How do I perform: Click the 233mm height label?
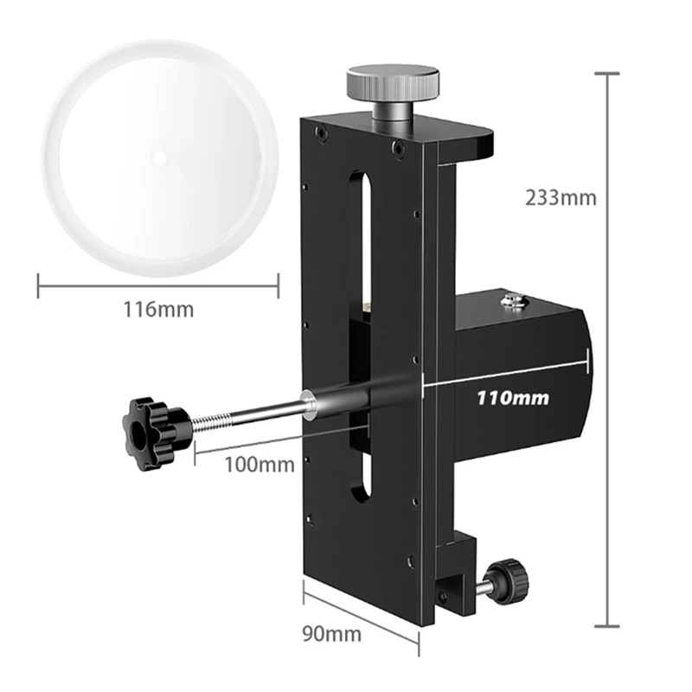click(561, 197)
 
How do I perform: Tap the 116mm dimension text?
click(157, 308)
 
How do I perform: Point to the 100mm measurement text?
click(259, 464)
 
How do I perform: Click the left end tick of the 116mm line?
click(39, 285)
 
